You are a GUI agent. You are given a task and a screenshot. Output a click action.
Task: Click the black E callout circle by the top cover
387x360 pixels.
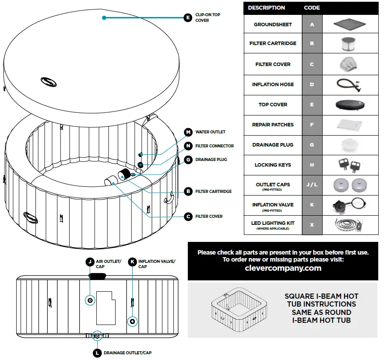pyautogui.click(x=188, y=17)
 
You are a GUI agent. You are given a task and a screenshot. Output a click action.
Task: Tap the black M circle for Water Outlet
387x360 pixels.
pyautogui.click(x=188, y=132)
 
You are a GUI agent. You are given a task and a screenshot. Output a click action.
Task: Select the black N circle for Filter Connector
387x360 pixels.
pyautogui.click(x=188, y=146)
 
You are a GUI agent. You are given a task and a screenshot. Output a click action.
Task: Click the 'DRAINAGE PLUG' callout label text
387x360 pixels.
pyautogui.click(x=211, y=160)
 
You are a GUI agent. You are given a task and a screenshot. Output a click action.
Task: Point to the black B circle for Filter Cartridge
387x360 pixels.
pyautogui.click(x=188, y=191)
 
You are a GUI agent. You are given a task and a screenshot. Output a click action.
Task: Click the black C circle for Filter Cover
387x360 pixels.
pyautogui.click(x=188, y=216)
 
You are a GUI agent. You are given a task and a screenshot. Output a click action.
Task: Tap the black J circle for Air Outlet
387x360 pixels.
pyautogui.click(x=89, y=262)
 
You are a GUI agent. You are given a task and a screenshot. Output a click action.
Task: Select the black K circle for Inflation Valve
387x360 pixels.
pyautogui.click(x=132, y=262)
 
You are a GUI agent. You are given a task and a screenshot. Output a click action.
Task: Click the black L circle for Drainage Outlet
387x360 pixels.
pyautogui.click(x=97, y=352)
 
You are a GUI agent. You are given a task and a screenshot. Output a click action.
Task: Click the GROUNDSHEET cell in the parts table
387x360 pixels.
pyautogui.click(x=273, y=24)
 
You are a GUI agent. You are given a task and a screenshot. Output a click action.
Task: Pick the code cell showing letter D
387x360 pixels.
pyautogui.click(x=312, y=84)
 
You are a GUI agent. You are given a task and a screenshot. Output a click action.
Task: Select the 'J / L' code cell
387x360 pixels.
pyautogui.click(x=312, y=185)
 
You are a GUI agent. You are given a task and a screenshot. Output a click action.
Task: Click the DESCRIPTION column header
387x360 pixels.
pyautogui.click(x=266, y=8)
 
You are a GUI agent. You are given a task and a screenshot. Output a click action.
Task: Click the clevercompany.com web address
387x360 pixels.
pyautogui.click(x=283, y=268)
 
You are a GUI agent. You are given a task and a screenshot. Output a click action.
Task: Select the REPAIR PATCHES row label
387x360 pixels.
pyautogui.click(x=273, y=125)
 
